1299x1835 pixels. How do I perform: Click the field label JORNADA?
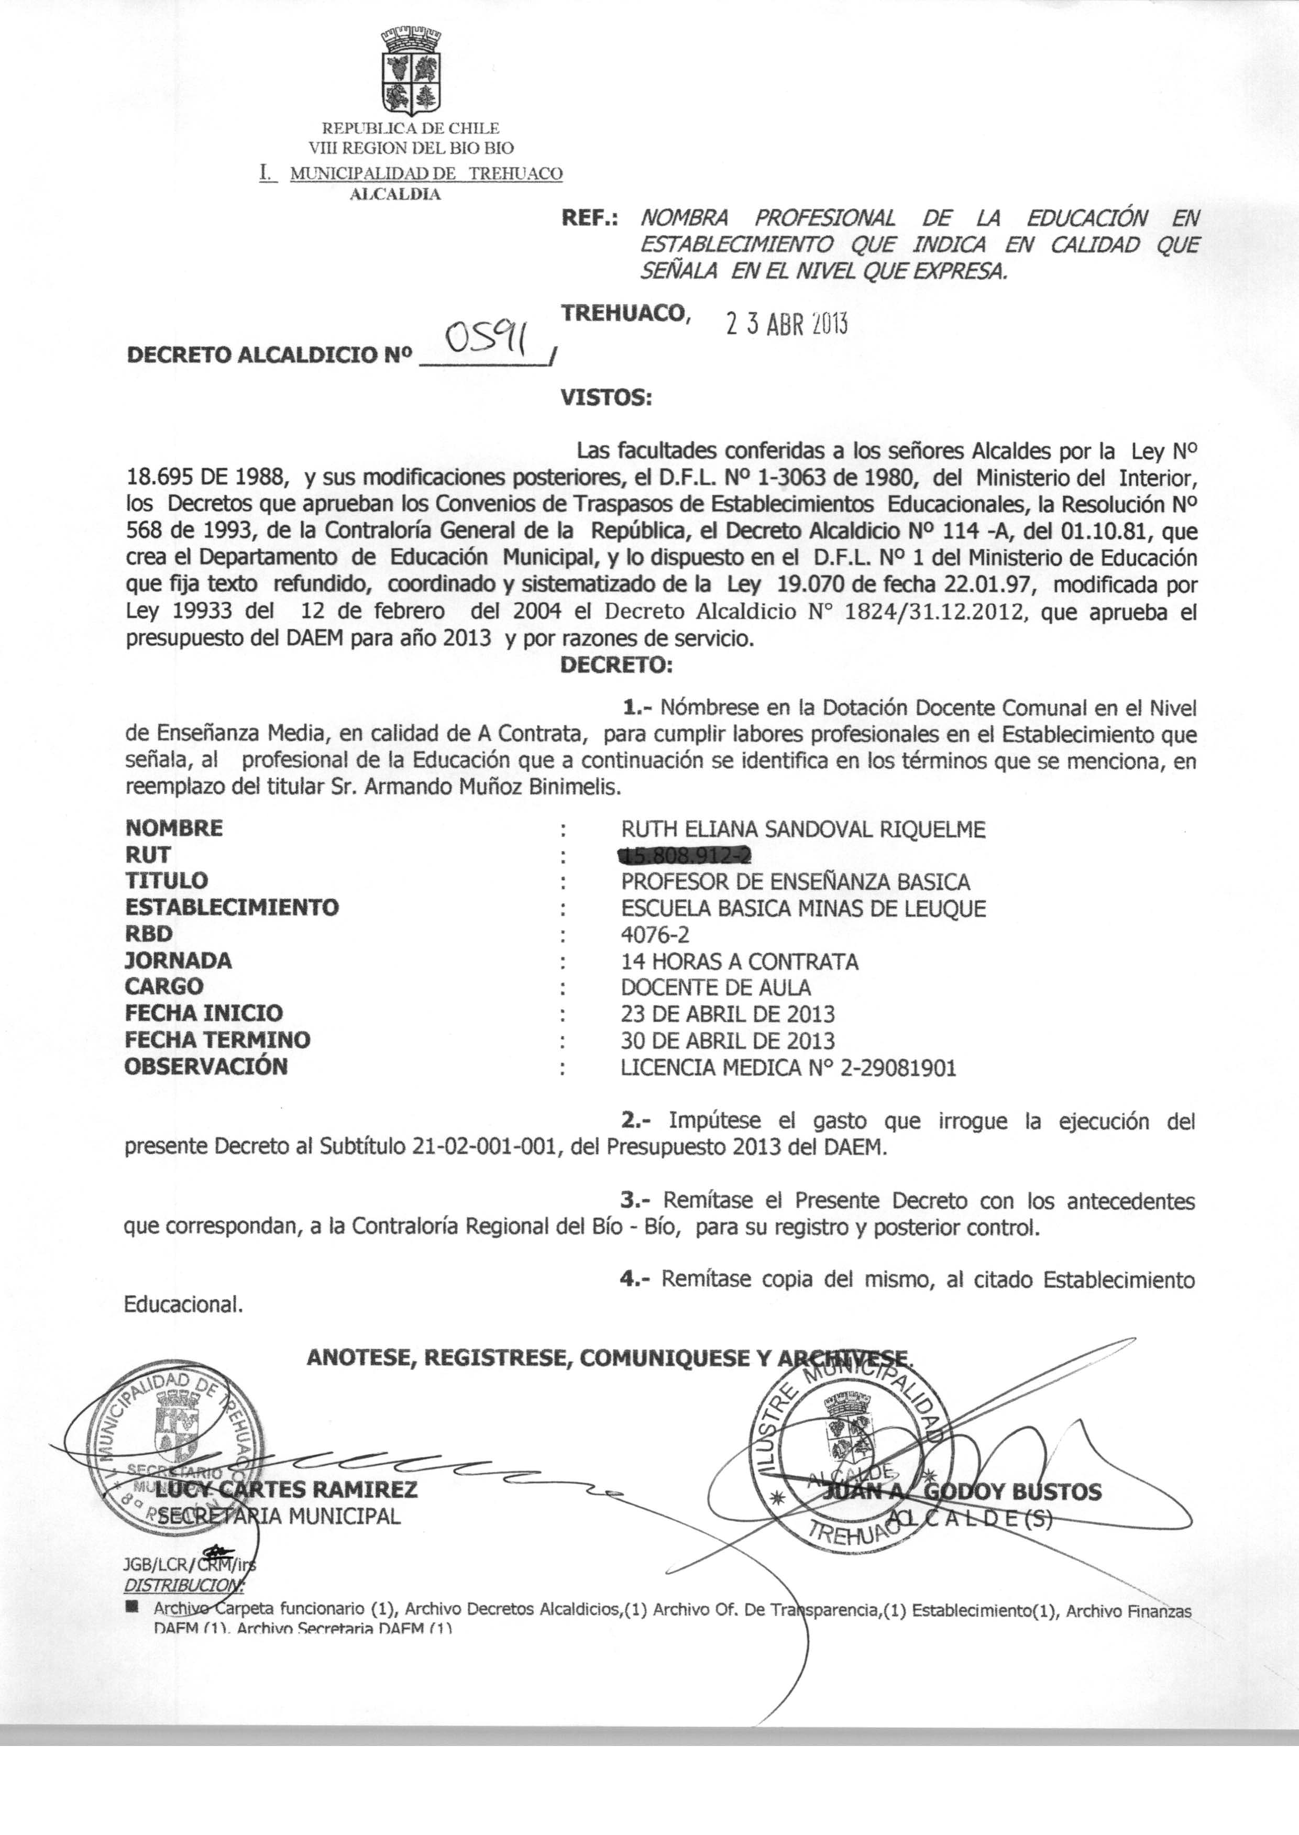click(179, 960)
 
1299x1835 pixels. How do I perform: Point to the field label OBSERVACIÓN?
click(206, 1067)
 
